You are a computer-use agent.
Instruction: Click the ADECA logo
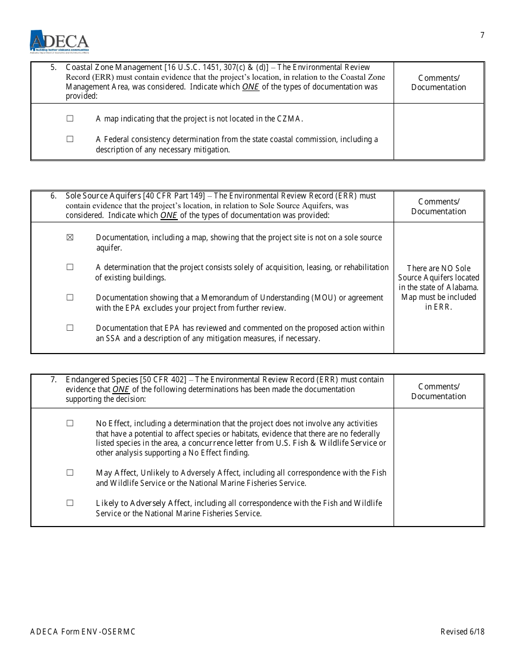tap(59, 41)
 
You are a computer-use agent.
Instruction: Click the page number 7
tap(482, 36)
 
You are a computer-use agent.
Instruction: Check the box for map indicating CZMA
tap(70, 118)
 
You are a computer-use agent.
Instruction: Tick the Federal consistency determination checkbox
tap(70, 139)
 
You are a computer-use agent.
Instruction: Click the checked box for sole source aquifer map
tap(70, 238)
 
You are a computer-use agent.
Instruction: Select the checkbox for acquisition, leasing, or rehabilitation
tap(70, 267)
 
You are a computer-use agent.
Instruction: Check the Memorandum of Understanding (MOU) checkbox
tap(70, 297)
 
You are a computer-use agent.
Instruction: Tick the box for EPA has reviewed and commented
tap(70, 328)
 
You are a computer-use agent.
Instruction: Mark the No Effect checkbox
tap(70, 423)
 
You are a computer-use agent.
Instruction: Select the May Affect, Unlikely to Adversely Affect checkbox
tap(70, 472)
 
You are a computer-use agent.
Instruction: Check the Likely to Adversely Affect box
tap(70, 503)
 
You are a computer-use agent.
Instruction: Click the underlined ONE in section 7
tap(121, 389)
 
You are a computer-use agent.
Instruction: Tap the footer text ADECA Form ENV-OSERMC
tap(83, 631)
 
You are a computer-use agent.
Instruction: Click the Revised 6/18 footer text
tap(462, 631)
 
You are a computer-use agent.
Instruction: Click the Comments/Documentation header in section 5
tap(439, 82)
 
